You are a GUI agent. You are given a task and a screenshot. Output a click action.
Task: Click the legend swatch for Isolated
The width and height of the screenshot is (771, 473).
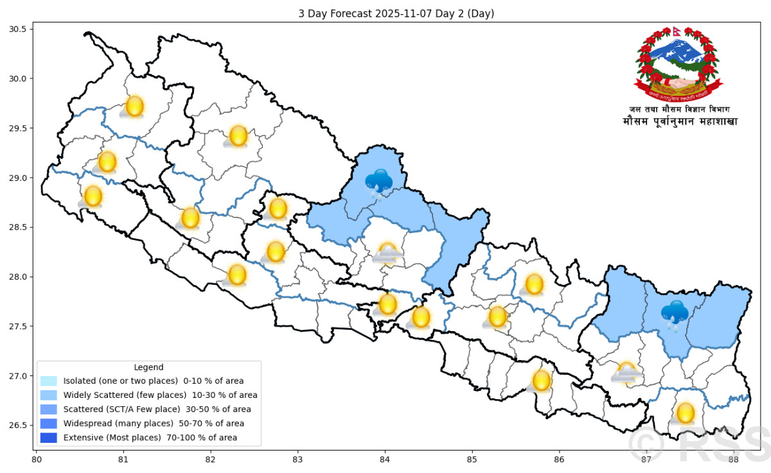[x=48, y=381]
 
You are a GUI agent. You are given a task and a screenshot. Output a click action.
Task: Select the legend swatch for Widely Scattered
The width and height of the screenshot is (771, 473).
[x=48, y=395]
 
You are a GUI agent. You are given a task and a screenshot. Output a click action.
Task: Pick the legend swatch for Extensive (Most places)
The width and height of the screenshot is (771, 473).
[x=48, y=438]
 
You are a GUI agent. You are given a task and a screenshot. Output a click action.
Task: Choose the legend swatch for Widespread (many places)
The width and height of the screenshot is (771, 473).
[x=48, y=424]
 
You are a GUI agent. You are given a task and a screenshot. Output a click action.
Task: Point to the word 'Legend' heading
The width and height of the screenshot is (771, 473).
[x=149, y=367]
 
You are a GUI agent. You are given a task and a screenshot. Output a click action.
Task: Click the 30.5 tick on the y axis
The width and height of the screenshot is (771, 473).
[x=17, y=30]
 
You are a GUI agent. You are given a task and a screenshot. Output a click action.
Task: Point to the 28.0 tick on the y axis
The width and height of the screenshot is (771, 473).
[x=17, y=277]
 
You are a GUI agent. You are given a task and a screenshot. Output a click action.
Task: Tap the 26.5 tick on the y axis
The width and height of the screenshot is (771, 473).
[x=17, y=426]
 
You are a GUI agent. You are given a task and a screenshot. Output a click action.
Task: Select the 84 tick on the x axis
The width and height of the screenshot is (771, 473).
[x=385, y=460]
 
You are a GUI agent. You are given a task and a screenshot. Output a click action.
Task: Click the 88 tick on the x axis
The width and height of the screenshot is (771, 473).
[x=733, y=460]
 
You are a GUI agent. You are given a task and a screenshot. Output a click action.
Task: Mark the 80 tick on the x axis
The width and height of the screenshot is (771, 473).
[x=37, y=460]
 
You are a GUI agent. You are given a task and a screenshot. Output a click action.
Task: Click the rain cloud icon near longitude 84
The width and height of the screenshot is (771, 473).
[x=379, y=183]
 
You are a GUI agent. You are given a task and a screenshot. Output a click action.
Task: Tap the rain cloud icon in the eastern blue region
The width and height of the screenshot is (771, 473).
[x=675, y=314]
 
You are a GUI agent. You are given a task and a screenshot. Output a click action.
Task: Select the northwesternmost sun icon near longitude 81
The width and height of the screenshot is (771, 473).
[x=134, y=107]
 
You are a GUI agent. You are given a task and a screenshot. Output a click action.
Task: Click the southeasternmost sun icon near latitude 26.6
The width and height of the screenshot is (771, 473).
[x=686, y=413]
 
